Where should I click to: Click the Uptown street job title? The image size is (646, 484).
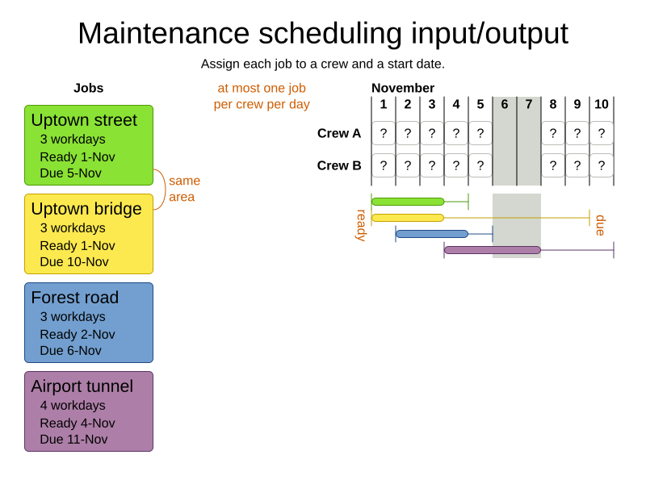84,120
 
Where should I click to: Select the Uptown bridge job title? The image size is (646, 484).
86,209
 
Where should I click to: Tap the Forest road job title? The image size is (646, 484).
75,298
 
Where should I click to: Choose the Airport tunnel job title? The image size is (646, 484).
82,386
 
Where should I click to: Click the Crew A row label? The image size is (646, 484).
339,133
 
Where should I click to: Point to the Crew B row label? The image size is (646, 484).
339,165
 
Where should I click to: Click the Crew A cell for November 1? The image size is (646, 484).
384,133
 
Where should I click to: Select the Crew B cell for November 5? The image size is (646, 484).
480,165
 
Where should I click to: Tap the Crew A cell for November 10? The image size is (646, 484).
602,133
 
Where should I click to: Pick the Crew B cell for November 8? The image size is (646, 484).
553,165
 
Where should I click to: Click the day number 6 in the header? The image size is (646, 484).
505,104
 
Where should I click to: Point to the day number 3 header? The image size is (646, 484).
432,104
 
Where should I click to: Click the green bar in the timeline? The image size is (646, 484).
408,202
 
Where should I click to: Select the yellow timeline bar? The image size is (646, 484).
408,218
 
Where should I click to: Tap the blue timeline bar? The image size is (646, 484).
432,234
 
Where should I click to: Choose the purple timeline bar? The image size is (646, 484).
493,250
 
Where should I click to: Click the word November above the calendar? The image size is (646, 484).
403,88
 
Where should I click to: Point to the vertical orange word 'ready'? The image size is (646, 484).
361,225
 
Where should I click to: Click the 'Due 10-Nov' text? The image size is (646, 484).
74,262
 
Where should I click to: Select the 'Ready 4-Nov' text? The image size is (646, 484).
78,423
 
